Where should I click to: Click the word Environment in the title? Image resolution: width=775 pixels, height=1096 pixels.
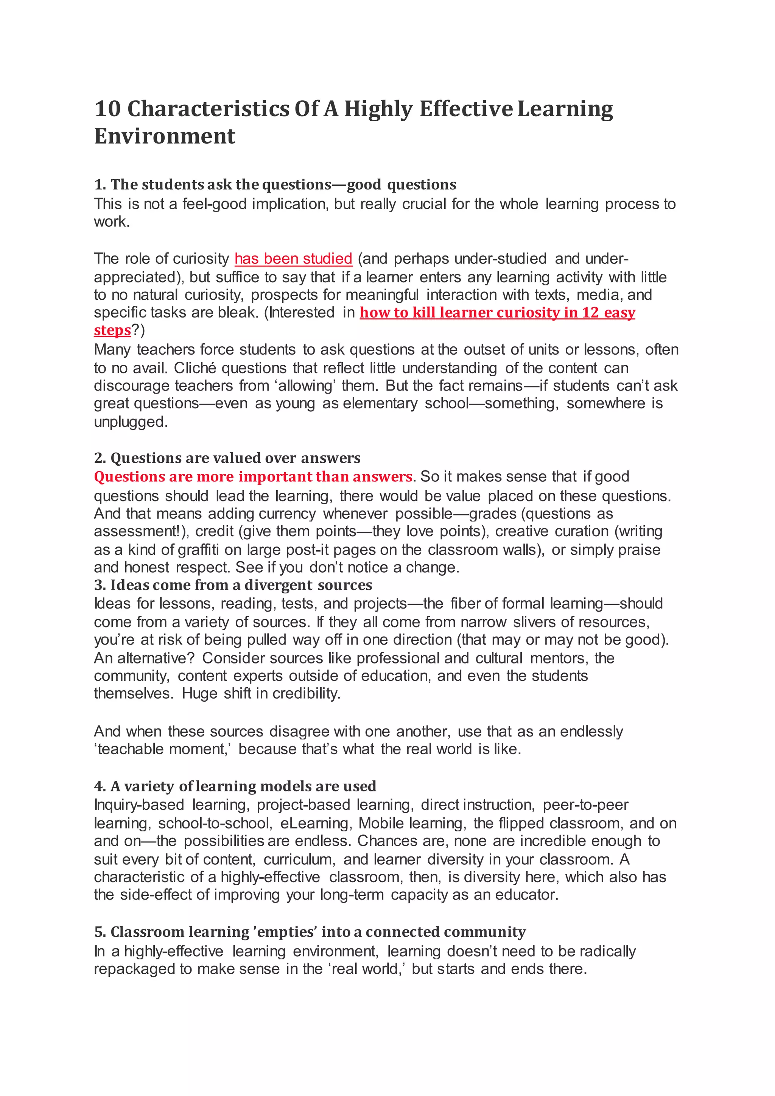[x=165, y=137]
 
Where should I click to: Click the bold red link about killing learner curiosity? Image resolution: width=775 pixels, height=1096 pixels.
[x=497, y=313]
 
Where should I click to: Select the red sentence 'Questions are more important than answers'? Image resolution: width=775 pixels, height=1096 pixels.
[x=253, y=477]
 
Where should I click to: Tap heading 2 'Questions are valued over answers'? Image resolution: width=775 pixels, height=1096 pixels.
[x=227, y=458]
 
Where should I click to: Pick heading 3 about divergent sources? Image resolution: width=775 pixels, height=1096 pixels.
[x=233, y=585]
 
